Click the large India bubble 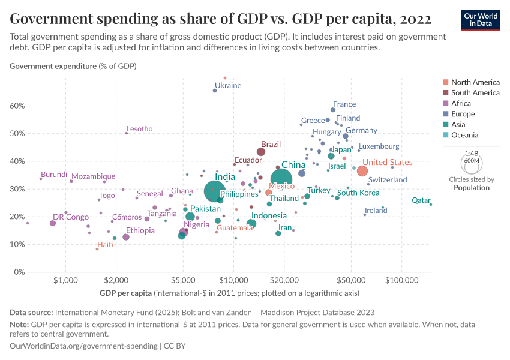[x=214, y=191]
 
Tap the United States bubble [x=362, y=171]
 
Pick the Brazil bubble [x=261, y=152]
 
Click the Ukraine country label [x=228, y=86]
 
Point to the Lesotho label [x=139, y=129]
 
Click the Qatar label [x=421, y=200]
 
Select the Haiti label [x=105, y=245]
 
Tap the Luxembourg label [x=379, y=146]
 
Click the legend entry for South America [x=475, y=93]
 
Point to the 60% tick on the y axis [x=17, y=106]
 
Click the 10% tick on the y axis [x=17, y=244]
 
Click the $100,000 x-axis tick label [x=401, y=280]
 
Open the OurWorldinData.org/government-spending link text [x=83, y=346]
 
